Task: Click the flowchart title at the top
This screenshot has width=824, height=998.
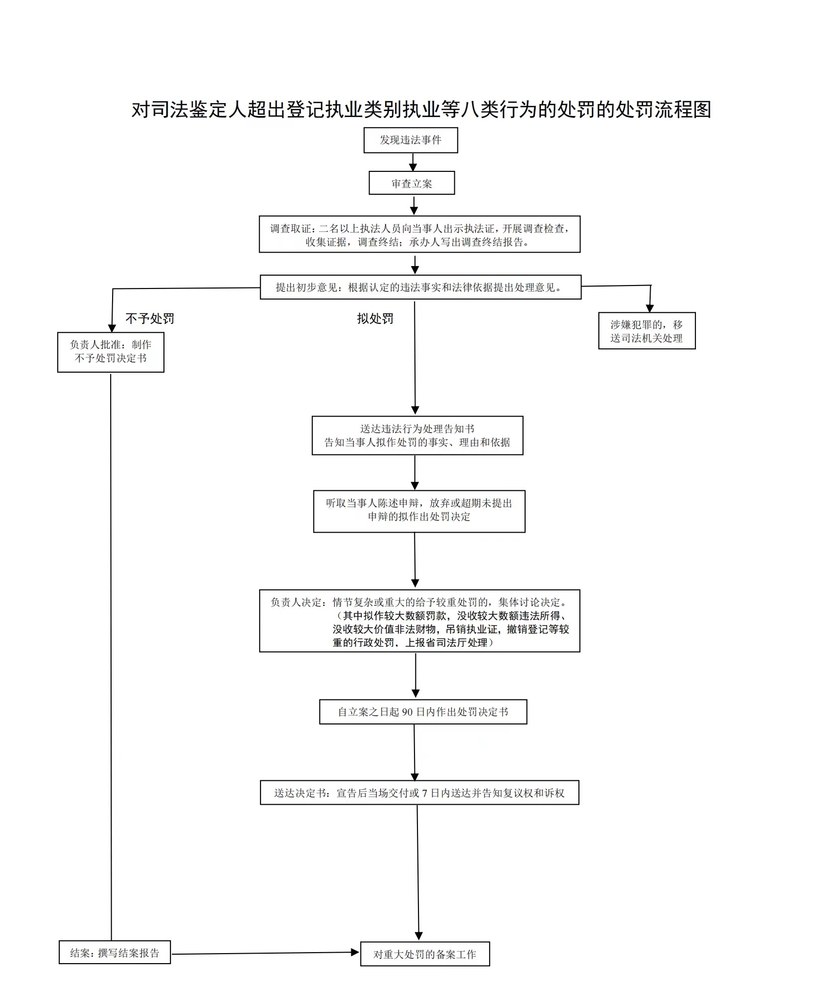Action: click(x=421, y=109)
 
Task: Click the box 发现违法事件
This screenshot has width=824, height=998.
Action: click(x=411, y=140)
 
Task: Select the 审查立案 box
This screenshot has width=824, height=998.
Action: click(x=412, y=183)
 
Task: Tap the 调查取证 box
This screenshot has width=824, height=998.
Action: click(x=419, y=234)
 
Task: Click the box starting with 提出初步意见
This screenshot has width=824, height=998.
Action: click(x=420, y=287)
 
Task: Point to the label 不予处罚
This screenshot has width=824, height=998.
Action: click(x=149, y=318)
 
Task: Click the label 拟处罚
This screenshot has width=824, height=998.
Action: click(x=375, y=318)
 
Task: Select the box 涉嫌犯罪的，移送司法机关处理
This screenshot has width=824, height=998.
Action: click(x=647, y=331)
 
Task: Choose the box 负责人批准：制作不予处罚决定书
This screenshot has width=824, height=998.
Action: click(x=111, y=352)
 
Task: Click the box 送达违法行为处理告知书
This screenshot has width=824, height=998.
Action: click(x=417, y=435)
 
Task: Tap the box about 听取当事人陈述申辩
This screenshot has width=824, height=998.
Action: click(x=419, y=511)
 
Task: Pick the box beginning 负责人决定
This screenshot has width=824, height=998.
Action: click(x=419, y=621)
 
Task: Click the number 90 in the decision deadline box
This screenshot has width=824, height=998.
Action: click(x=407, y=712)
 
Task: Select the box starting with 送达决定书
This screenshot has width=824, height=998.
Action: click(x=419, y=792)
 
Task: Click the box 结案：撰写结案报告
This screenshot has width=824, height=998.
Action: click(x=115, y=952)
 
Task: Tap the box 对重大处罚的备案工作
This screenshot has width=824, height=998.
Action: click(x=425, y=954)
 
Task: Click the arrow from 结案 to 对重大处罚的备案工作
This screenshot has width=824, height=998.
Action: click(x=265, y=953)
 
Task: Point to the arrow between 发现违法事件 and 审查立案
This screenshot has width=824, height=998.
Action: click(x=413, y=162)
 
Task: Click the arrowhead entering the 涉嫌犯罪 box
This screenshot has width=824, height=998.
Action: click(x=650, y=308)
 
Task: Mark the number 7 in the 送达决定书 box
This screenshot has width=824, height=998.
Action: click(x=424, y=793)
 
